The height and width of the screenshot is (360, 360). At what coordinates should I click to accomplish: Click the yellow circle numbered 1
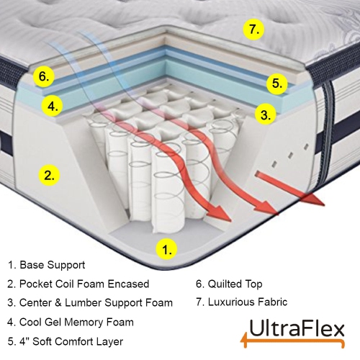click(x=166, y=250)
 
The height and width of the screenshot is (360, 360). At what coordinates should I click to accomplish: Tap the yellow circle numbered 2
click(x=48, y=174)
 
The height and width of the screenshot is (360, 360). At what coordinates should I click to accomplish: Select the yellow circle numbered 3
click(x=266, y=114)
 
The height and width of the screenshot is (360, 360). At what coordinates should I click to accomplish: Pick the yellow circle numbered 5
click(x=276, y=83)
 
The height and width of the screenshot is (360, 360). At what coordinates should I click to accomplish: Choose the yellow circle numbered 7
click(x=251, y=30)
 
